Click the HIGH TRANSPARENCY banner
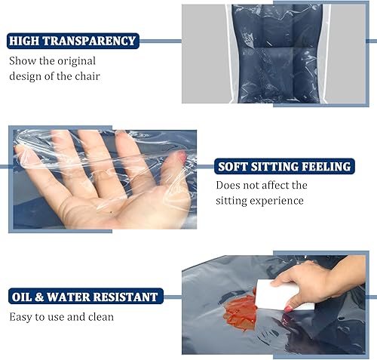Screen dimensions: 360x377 72,41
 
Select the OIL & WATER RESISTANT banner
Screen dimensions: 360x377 84,297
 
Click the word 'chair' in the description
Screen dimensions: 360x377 84,75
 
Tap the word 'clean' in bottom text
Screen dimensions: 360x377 99,317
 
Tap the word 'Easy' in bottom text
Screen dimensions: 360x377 22,317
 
